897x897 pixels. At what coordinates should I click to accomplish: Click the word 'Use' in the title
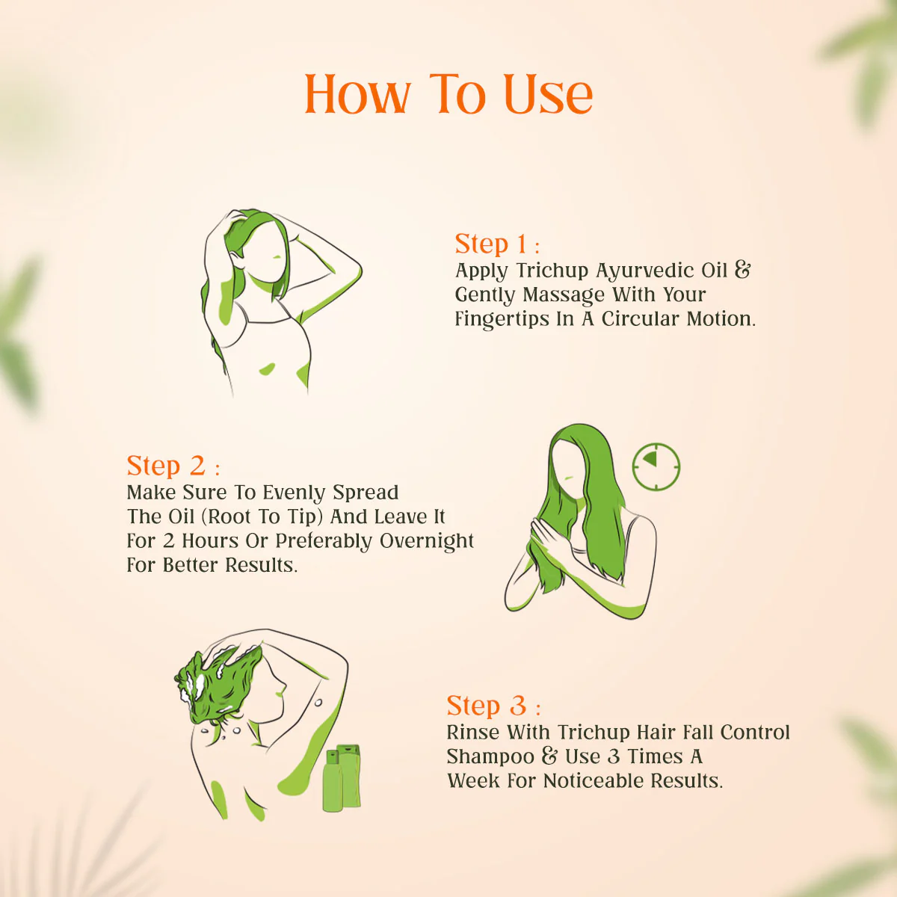click(x=548, y=95)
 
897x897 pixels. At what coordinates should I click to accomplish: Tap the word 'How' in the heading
click(x=357, y=95)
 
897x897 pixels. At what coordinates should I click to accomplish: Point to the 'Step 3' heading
click(x=487, y=706)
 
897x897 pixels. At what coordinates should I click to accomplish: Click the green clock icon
click(x=656, y=466)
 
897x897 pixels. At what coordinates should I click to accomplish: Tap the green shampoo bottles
click(x=342, y=777)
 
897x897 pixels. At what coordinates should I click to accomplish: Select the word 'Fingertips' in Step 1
click(x=502, y=319)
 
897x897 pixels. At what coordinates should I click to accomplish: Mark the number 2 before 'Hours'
click(x=168, y=541)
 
